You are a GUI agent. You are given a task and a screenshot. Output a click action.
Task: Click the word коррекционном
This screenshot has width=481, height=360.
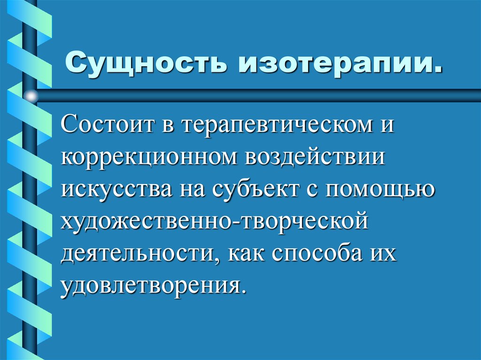tap(148, 157)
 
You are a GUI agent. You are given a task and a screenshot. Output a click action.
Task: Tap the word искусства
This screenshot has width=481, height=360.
tap(116, 189)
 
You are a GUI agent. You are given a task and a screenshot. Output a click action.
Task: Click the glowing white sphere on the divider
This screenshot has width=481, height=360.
tap(31, 96)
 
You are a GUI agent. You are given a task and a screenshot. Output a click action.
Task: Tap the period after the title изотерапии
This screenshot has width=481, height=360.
tap(438, 71)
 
